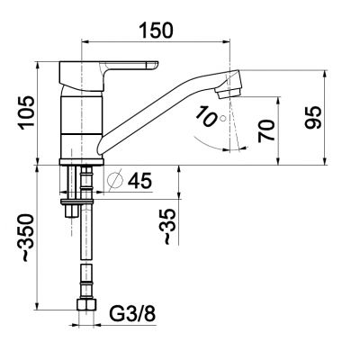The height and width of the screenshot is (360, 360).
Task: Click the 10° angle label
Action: point(208,117)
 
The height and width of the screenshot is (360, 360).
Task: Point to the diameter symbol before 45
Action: point(115,181)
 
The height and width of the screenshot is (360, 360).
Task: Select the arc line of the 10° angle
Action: point(207,138)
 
